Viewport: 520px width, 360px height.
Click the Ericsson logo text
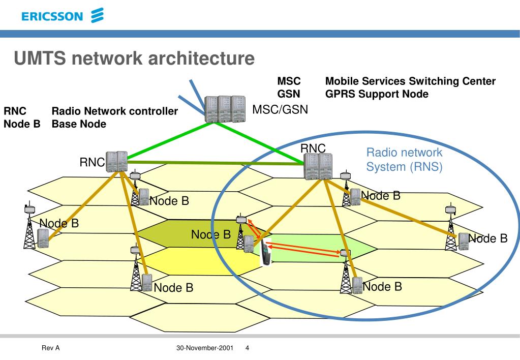(52, 16)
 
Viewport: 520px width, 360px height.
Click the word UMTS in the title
(40, 58)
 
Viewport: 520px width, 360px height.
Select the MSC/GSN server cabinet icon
(225, 109)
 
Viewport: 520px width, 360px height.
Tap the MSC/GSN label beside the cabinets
(280, 109)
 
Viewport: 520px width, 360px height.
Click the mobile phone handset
(266, 253)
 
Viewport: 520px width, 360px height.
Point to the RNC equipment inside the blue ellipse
(318, 166)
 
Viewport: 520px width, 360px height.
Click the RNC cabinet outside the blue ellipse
(117, 162)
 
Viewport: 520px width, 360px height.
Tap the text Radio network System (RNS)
(404, 160)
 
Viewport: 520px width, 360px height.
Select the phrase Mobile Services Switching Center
(410, 81)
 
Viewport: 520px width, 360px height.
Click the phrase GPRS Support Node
(377, 94)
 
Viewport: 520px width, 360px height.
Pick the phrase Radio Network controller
(115, 111)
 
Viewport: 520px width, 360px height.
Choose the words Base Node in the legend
(79, 124)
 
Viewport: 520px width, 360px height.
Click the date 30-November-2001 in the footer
(205, 348)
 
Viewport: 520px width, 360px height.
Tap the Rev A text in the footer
(50, 348)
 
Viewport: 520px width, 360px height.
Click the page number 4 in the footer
(247, 348)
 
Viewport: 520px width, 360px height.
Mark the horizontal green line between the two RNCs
(216, 163)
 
